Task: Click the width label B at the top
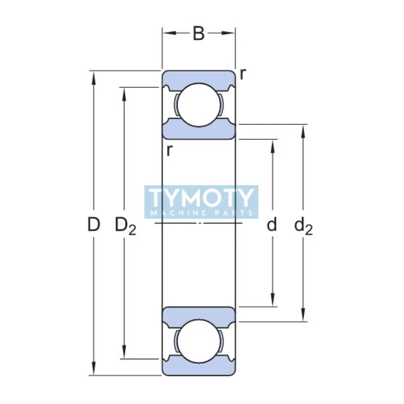click(199, 34)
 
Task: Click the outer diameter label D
click(93, 224)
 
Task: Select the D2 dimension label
click(125, 225)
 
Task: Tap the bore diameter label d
click(272, 224)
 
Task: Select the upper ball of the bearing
click(199, 105)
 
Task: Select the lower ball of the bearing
click(199, 341)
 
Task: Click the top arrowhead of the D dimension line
click(93, 76)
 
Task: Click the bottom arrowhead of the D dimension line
click(93, 371)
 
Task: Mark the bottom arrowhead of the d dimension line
click(273, 301)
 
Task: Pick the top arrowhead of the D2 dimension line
click(124, 92)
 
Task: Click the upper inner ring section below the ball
click(199, 131)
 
